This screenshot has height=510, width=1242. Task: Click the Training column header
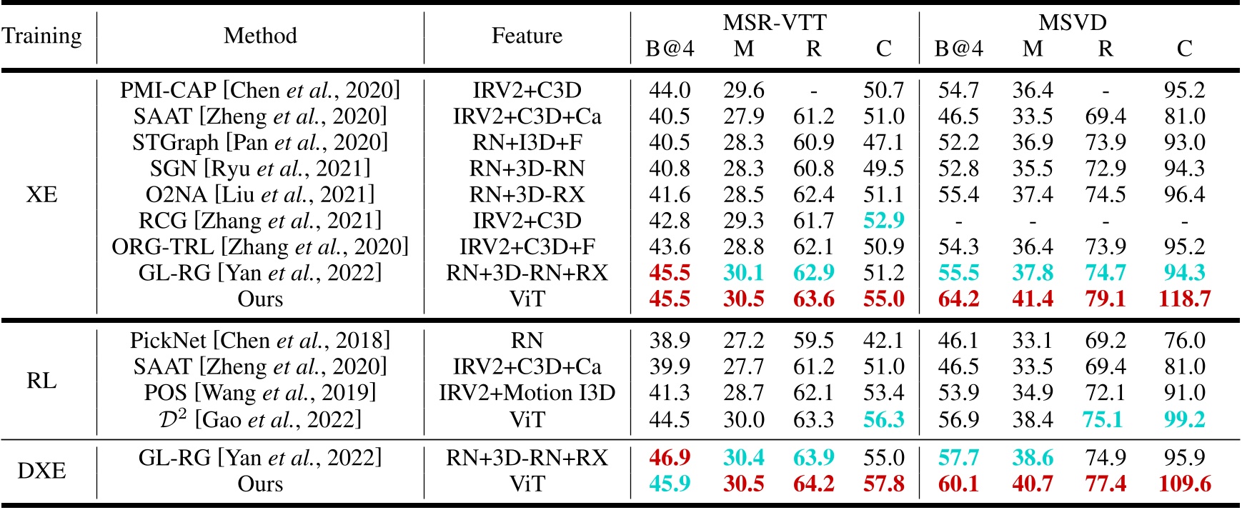point(42,36)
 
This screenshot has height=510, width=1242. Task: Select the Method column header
point(260,36)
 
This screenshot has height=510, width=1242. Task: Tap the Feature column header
point(527,36)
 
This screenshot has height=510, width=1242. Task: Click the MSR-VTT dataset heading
point(775,22)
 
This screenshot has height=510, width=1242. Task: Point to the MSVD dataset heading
point(1072,22)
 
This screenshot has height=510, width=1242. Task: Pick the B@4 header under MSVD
point(958,49)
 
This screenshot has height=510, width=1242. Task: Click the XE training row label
point(42,194)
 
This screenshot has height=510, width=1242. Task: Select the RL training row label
point(42,380)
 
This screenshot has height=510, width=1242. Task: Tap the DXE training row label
point(42,471)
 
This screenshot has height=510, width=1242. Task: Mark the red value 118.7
point(1184,299)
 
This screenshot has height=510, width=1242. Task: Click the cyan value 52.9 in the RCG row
point(883,221)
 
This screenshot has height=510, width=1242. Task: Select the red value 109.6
point(1184,484)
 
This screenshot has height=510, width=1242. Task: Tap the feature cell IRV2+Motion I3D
point(527,393)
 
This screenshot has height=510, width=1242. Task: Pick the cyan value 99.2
point(1184,419)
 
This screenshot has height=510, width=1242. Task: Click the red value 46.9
point(670,458)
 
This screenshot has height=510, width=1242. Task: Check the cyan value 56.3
point(883,419)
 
